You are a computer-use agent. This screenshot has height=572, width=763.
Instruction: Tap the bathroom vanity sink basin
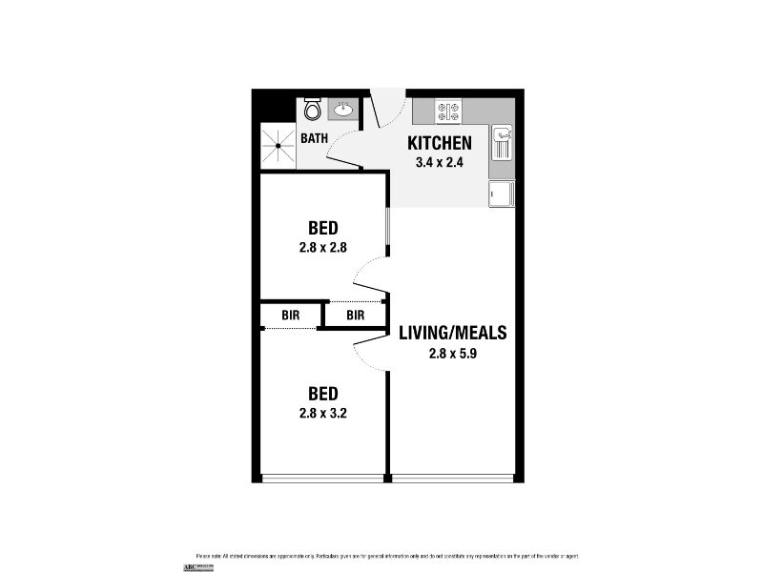tap(342, 112)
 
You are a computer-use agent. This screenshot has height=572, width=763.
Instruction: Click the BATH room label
tap(315, 138)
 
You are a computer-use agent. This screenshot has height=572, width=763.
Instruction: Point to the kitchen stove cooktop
tap(449, 112)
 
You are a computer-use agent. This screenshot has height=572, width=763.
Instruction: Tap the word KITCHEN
tap(440, 144)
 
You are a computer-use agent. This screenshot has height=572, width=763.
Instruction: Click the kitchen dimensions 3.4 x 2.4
tap(440, 162)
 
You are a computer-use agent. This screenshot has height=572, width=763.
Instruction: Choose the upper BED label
tap(323, 229)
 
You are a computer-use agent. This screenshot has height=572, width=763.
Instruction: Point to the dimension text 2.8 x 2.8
tap(323, 247)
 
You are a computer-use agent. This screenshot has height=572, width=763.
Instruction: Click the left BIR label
tap(291, 315)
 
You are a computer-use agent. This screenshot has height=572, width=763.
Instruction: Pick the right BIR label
tap(356, 315)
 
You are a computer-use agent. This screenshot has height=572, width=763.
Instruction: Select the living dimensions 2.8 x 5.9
tap(452, 353)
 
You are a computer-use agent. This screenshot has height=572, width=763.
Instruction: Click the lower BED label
tap(323, 393)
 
